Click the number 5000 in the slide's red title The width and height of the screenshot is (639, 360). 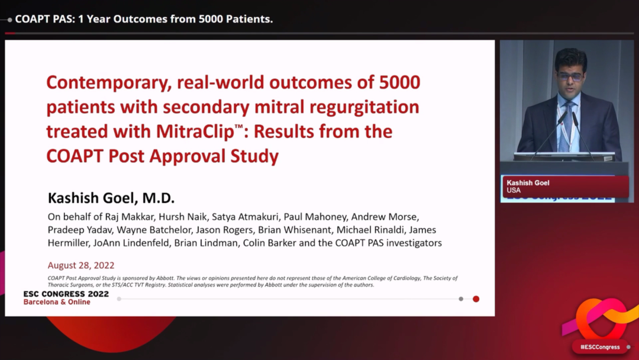coord(400,82)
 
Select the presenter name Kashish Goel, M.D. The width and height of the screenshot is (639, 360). coord(111,198)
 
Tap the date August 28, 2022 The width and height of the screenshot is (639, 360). coord(80,265)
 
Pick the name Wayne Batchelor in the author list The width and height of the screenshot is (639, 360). coord(154,230)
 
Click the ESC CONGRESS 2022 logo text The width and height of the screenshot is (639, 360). coord(66,294)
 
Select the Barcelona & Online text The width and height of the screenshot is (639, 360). coord(57,302)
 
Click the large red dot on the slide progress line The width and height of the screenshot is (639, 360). coord(476,299)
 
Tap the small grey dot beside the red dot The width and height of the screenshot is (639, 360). coord(461,299)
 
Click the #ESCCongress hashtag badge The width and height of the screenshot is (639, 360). coord(600,347)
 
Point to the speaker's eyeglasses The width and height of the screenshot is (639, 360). coord(570,76)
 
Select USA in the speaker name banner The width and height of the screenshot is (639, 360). coord(514,191)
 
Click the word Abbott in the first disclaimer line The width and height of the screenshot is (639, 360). coord(164,278)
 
